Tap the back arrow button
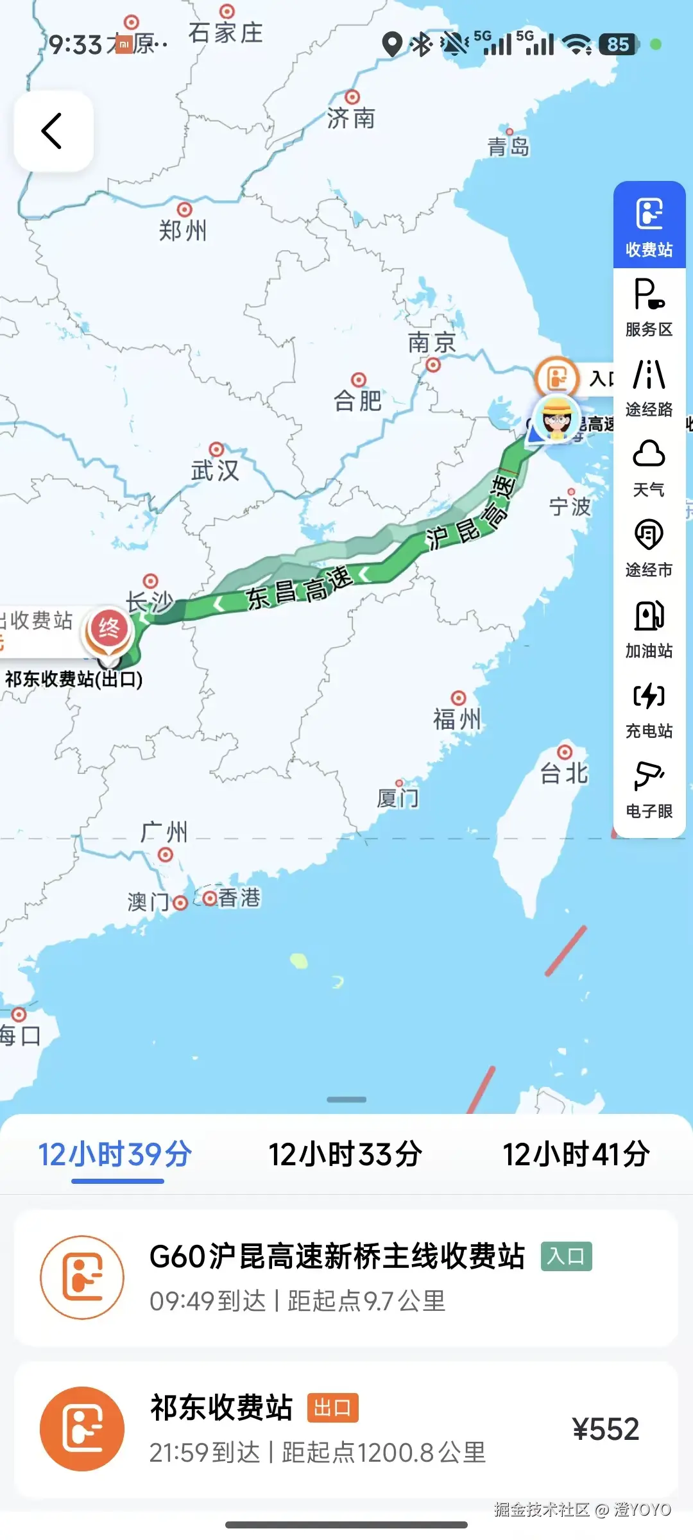coord(53,131)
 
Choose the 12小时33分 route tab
coord(345,1155)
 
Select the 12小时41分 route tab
coord(576,1155)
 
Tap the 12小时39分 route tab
coord(116,1155)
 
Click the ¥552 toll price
coord(605,1430)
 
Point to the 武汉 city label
coord(215,470)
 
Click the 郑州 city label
coord(183,230)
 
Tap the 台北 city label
coord(564,773)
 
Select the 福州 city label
coord(457,719)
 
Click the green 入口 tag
coord(566,1256)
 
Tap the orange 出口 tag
coord(332,1408)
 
